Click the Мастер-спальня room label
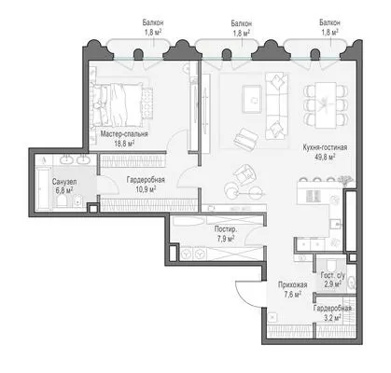[x=124, y=134]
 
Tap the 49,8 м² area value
[x=325, y=157]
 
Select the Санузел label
[x=64, y=182]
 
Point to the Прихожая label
[x=293, y=284]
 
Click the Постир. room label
[x=226, y=229]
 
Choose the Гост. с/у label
[x=332, y=275]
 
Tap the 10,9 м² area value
[x=146, y=188]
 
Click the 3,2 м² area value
[x=332, y=317]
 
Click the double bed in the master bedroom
[x=120, y=104]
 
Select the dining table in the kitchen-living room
[x=326, y=105]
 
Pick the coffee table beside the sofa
[x=251, y=99]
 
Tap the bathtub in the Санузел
[x=43, y=189]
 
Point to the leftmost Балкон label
[x=153, y=22]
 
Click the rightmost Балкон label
[x=329, y=22]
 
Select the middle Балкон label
[x=242, y=23]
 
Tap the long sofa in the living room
[x=277, y=105]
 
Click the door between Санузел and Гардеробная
[x=106, y=186]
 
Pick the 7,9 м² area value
[x=226, y=239]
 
